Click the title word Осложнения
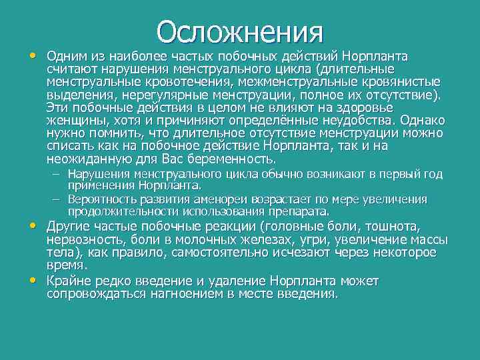240,31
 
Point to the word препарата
297,211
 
